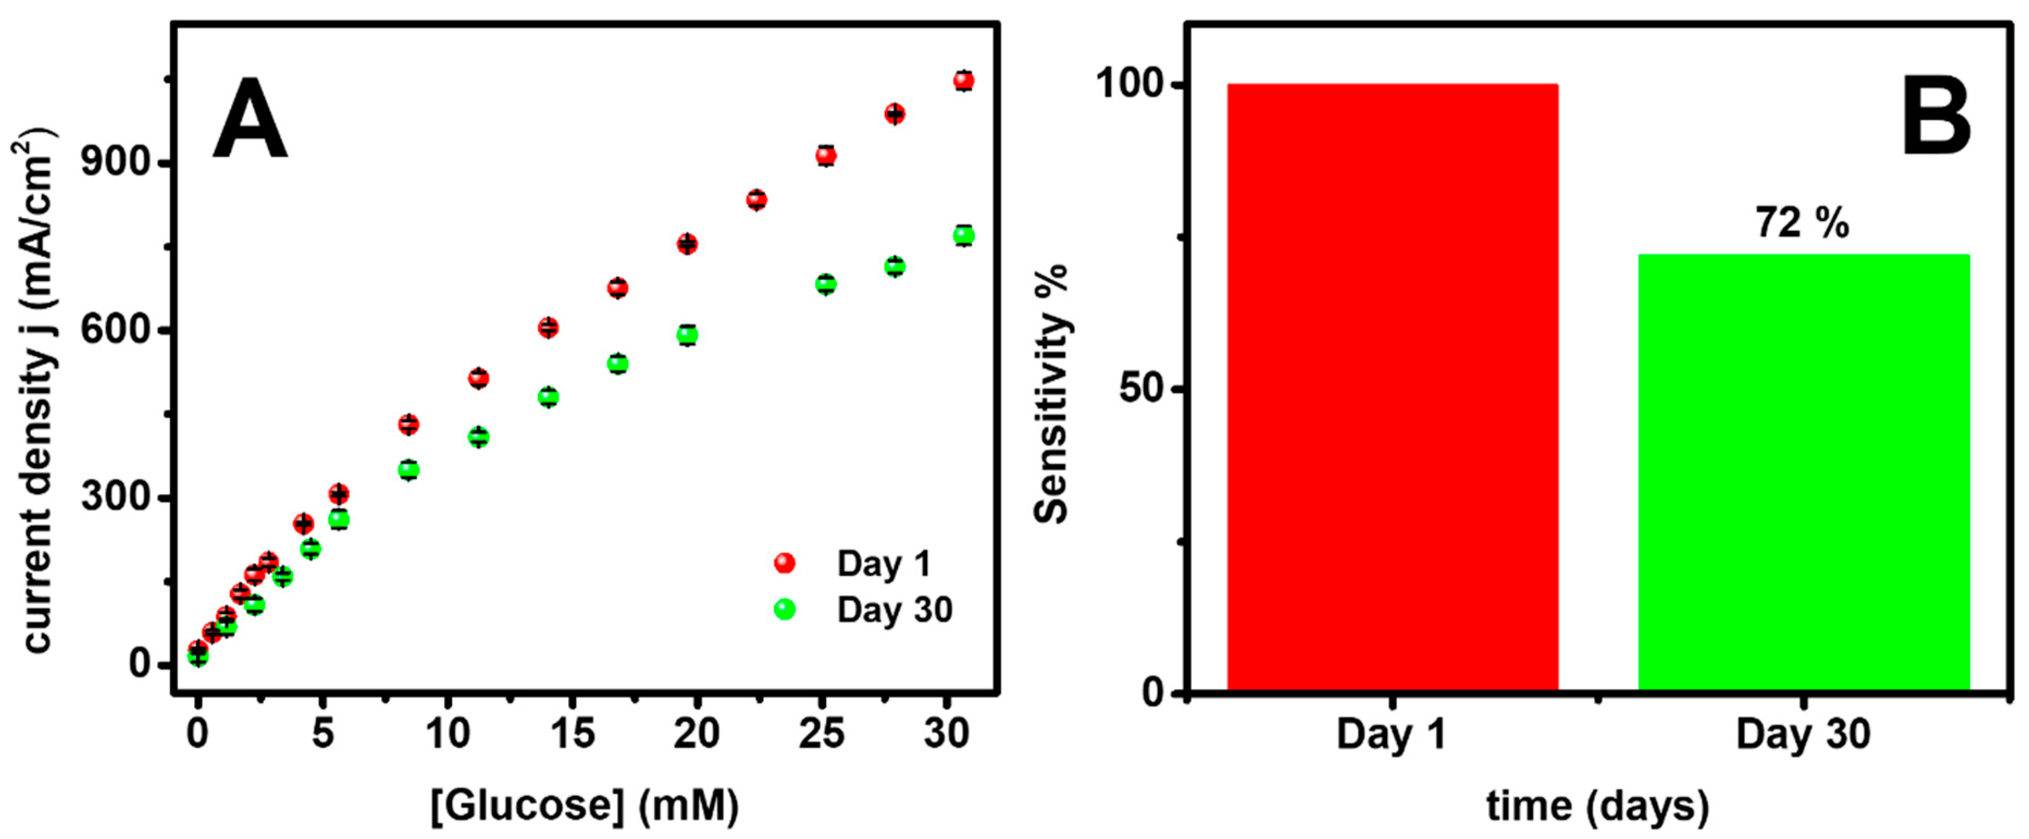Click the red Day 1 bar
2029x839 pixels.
tap(1392, 386)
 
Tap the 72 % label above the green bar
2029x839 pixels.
tap(1801, 223)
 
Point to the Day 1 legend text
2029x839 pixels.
tap(884, 563)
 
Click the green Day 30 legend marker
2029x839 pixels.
tap(785, 609)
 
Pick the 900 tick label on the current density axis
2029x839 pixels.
tap(116, 163)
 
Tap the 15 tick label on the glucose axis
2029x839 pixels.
tap(573, 733)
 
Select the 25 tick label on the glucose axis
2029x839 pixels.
tap(822, 733)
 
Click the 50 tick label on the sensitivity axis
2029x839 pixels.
tap(1141, 389)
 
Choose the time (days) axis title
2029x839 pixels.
tap(1597, 806)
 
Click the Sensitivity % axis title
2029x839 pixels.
tap(1052, 394)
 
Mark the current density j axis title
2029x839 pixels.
tap(35, 390)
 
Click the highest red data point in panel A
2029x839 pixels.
tap(963, 81)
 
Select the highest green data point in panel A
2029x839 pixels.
tap(963, 235)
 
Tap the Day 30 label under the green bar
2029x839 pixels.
tap(1802, 733)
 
